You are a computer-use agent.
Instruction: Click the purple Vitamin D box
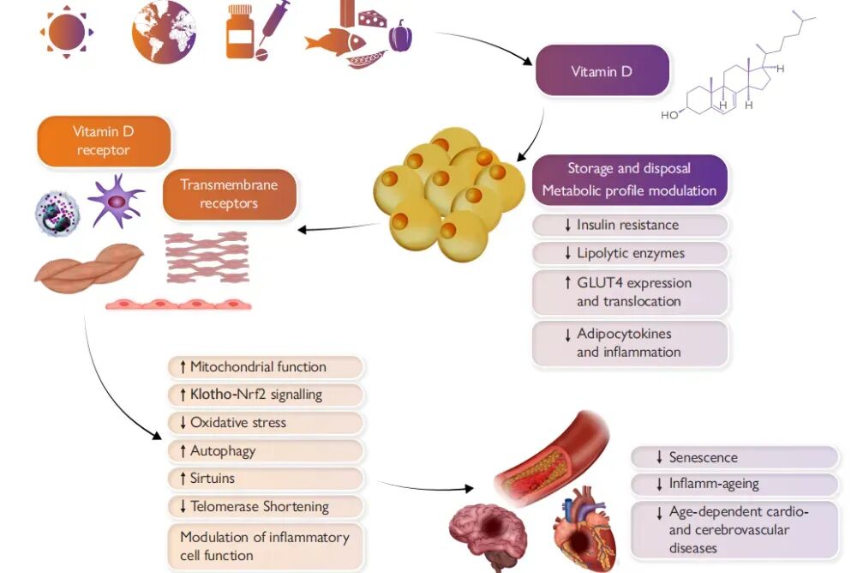click(602, 72)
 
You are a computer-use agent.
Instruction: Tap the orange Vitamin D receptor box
click(103, 141)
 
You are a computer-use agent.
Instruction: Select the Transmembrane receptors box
click(229, 194)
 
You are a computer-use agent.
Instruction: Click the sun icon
click(67, 33)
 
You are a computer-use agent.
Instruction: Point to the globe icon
click(164, 32)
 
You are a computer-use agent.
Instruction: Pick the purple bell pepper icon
click(400, 37)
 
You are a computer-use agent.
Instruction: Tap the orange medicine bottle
click(241, 33)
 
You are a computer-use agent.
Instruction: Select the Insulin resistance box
click(630, 226)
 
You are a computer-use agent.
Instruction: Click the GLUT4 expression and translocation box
click(630, 292)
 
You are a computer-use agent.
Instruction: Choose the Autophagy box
click(266, 450)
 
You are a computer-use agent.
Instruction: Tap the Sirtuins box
click(266, 478)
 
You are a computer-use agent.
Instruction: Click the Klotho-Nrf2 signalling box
click(266, 395)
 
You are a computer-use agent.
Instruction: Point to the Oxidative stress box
click(266, 423)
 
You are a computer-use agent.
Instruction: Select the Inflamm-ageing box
click(734, 485)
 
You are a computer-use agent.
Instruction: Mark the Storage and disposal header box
click(630, 179)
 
